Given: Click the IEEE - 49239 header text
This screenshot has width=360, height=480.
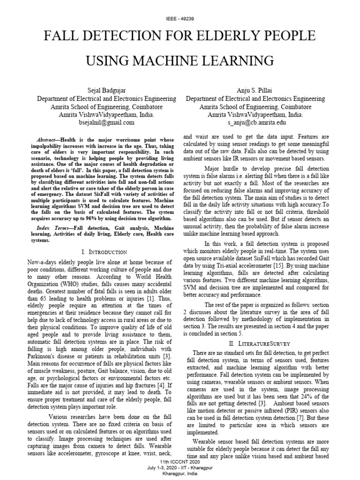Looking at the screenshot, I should pos(180,18).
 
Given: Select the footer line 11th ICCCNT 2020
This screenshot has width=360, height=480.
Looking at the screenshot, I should pos(180,461).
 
